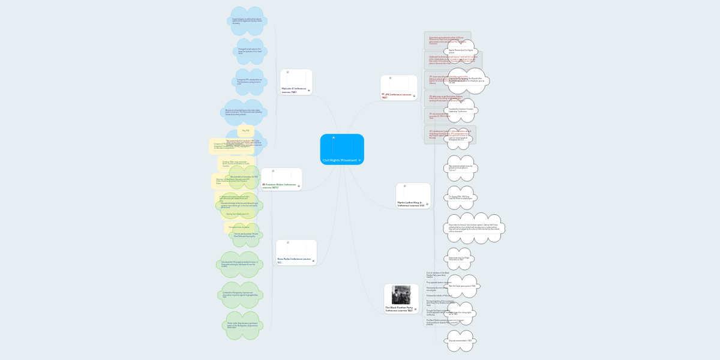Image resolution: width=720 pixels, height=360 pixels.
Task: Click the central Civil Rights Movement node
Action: (x=342, y=149)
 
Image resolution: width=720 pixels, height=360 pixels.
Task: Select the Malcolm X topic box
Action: (x=296, y=82)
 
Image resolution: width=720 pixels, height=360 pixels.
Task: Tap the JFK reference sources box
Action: (x=398, y=88)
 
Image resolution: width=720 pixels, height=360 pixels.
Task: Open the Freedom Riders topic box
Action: (x=281, y=179)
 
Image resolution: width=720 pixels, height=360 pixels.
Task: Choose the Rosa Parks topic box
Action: (x=296, y=253)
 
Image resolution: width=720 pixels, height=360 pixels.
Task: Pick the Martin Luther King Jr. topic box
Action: (x=413, y=196)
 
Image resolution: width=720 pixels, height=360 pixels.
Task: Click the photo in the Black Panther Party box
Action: (x=401, y=295)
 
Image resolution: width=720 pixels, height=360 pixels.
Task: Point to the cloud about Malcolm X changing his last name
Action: (x=250, y=52)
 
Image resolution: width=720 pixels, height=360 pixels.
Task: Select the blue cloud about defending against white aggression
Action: (x=247, y=21)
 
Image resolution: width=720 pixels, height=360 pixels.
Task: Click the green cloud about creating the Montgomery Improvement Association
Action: (x=241, y=295)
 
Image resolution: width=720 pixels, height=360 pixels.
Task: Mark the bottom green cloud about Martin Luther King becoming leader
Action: (x=242, y=325)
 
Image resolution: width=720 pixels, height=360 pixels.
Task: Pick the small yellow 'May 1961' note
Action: (x=246, y=130)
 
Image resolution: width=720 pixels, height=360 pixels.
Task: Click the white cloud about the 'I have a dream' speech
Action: (x=474, y=229)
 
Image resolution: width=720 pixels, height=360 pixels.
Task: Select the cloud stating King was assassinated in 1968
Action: (x=460, y=341)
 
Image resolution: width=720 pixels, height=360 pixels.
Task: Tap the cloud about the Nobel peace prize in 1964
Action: (x=462, y=286)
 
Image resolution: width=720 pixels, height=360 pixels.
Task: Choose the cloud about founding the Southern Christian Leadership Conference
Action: (x=461, y=110)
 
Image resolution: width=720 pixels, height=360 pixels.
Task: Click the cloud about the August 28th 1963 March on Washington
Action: (x=460, y=197)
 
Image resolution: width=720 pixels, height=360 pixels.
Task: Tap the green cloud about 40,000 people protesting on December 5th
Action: (x=240, y=265)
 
